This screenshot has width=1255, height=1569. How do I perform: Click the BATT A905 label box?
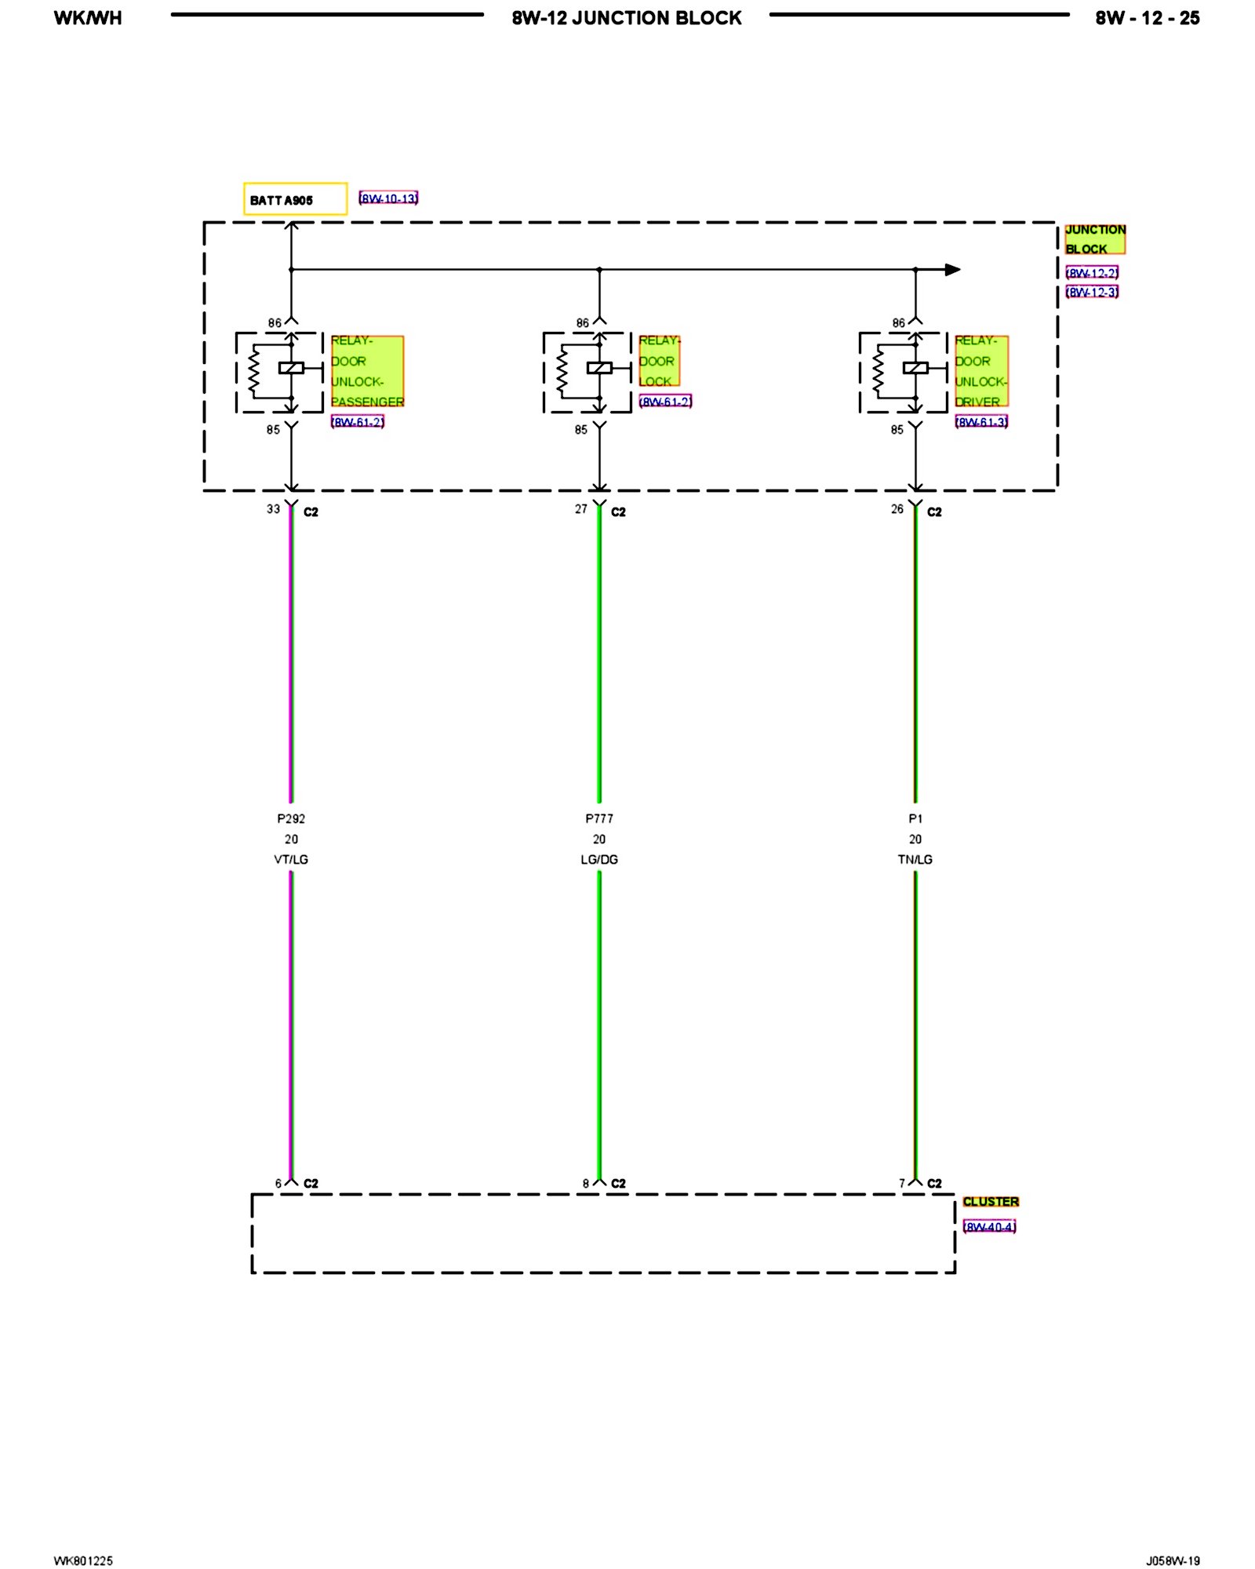[x=295, y=199]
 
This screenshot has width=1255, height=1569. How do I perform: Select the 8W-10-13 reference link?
[x=388, y=198]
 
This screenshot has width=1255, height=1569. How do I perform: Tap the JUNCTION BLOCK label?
[x=1094, y=239]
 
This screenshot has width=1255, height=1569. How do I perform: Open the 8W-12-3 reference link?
[x=1092, y=293]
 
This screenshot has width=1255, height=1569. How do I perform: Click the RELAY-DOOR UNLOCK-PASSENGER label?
[x=367, y=371]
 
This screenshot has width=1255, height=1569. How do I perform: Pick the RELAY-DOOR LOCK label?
[x=659, y=361]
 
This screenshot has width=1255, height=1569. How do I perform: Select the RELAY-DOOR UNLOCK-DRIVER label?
[x=980, y=371]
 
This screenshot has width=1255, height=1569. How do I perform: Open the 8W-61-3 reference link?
[x=981, y=422]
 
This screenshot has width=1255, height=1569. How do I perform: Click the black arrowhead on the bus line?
[x=952, y=270]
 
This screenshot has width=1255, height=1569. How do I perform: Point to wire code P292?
[x=291, y=818]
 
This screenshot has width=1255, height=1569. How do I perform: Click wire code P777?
[x=599, y=818]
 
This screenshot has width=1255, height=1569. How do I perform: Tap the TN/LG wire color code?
[x=915, y=860]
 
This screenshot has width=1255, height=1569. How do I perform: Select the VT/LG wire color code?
[x=291, y=860]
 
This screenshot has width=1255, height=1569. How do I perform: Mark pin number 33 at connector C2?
[x=273, y=509]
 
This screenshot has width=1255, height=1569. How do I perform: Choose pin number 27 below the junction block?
[x=580, y=509]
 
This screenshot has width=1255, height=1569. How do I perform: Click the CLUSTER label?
[x=991, y=1202]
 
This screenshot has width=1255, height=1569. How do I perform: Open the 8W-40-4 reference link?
[x=989, y=1227]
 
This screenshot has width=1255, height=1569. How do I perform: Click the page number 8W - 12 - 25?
[x=1147, y=18]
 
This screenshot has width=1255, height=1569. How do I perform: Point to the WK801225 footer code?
[x=83, y=1560]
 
